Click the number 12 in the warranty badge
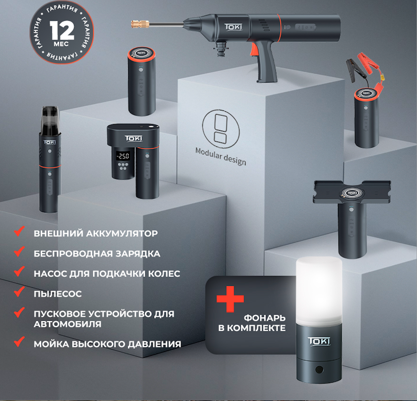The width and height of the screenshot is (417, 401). tap(62, 30)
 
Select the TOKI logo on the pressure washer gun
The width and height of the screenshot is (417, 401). tap(233, 27)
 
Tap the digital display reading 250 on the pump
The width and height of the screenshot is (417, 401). tap(123, 156)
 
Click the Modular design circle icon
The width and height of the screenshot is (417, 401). tap(220, 129)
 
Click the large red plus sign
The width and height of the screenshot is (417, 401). tap(230, 299)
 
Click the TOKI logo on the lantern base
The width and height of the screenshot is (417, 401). tap(319, 341)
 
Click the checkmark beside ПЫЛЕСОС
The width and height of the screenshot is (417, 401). tap(19, 291)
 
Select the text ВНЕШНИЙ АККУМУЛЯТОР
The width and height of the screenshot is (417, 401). tap(96, 233)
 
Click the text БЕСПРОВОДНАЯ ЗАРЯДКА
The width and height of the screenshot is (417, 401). tap(97, 254)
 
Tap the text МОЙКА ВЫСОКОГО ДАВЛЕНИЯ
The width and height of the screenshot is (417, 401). tap(107, 344)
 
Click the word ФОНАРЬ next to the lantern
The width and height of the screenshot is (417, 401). tap(265, 318)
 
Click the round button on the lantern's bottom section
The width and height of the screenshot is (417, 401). tap(319, 369)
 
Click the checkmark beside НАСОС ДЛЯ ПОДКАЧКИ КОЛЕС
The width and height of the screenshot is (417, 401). tap(19, 271)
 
